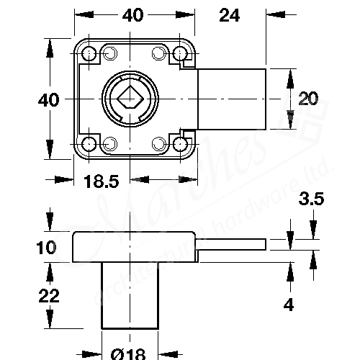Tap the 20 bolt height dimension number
(308, 99)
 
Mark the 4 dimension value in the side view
(288, 305)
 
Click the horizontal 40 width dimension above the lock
(133, 14)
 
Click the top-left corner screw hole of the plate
(89, 54)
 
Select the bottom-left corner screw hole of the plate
(89, 143)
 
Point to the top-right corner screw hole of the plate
(179, 54)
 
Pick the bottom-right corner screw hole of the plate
(179, 143)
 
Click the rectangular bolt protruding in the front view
(232, 99)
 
